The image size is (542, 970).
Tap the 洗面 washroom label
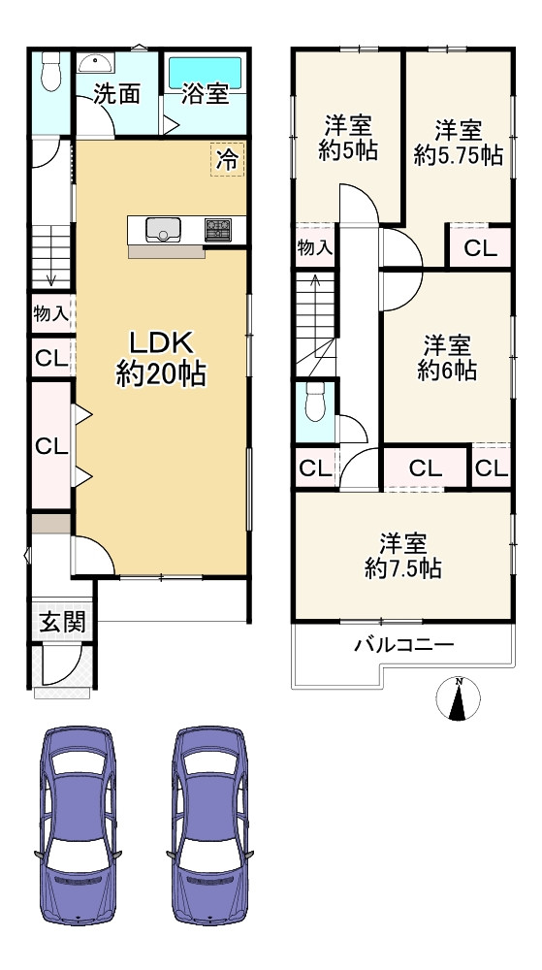pos(116,94)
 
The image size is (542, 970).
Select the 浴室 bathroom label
pos(205,95)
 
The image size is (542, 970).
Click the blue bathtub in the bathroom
pos(206,71)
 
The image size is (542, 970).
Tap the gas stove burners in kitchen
pos(218,230)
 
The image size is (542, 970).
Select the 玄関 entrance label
pos(61,623)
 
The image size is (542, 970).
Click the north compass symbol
pos(460,698)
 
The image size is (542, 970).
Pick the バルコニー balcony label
pos(404,644)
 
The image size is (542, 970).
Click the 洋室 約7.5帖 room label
pos(403,555)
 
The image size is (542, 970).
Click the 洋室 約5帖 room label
pos(348,139)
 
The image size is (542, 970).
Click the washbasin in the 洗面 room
pos(96,64)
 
